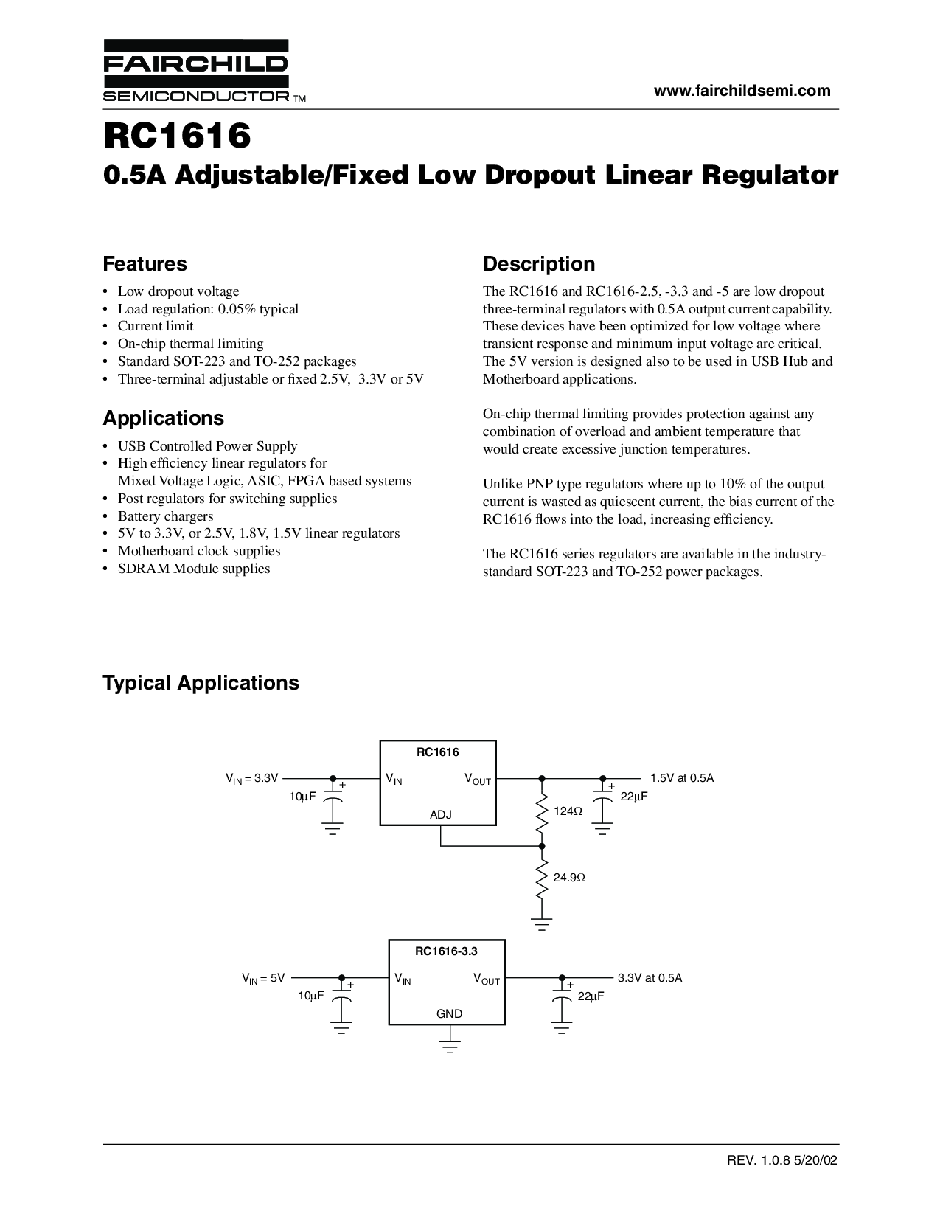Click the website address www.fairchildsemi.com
click(742, 91)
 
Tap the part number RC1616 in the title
click(177, 135)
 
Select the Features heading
click(145, 264)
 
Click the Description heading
click(539, 264)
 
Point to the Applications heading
click(163, 418)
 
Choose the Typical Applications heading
click(201, 683)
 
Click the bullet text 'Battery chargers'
click(165, 516)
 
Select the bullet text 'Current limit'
click(156, 326)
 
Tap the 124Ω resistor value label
click(568, 811)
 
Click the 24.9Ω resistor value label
click(570, 878)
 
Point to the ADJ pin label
click(440, 815)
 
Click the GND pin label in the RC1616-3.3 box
click(449, 1014)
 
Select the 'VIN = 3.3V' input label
click(251, 778)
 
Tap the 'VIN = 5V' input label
click(262, 978)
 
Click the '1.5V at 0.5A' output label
click(682, 778)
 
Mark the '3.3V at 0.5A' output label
click(650, 978)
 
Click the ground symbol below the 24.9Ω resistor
click(542, 924)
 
